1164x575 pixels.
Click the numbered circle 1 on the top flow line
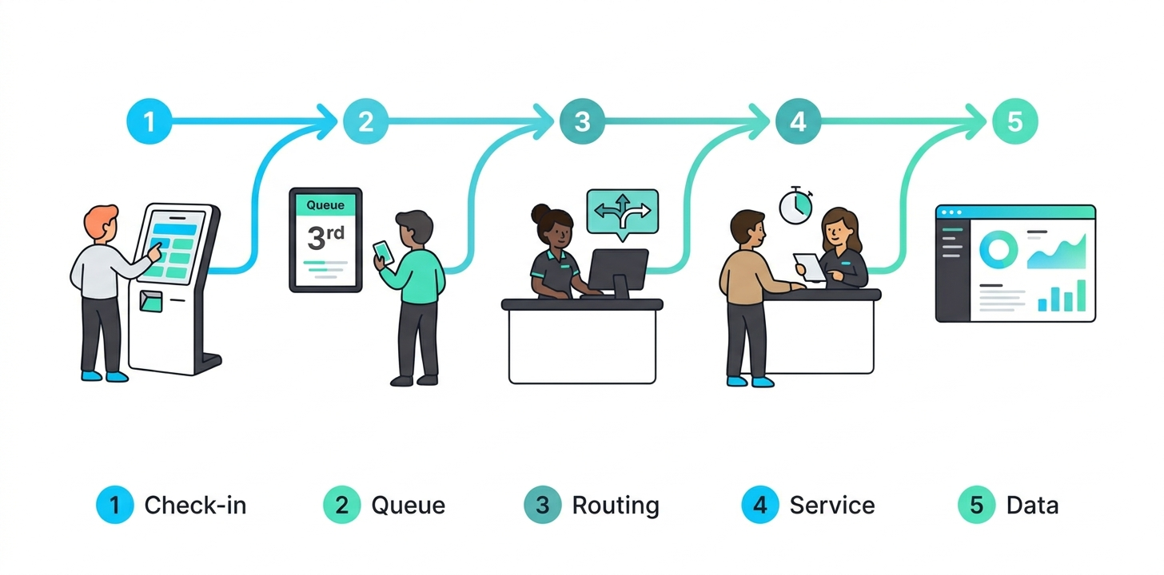point(149,122)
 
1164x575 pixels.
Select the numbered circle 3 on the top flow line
point(582,122)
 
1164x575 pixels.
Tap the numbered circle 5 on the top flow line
point(1015,122)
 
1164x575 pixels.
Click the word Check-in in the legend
point(195,506)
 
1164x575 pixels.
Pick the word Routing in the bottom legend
point(616,506)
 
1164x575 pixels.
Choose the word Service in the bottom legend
point(831,506)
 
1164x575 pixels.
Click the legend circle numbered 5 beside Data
point(977,506)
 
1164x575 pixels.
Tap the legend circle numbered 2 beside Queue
point(342,506)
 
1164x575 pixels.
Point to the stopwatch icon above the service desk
point(795,205)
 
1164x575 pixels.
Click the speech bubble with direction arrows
point(622,212)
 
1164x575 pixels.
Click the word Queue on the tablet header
point(325,205)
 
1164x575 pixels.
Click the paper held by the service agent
point(810,266)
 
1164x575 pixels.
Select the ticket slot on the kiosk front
point(149,301)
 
